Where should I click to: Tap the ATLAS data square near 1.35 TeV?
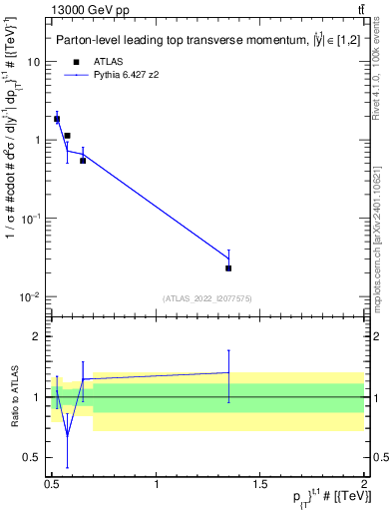pos(229,267)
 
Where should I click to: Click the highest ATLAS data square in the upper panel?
pos(57,119)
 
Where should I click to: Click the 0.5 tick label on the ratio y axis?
pos(32,457)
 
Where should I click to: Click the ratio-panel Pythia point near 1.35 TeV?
pos(229,372)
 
